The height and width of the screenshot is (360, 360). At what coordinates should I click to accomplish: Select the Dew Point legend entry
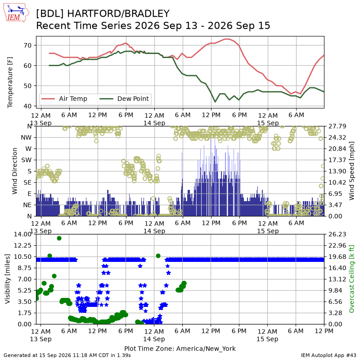coord(124,99)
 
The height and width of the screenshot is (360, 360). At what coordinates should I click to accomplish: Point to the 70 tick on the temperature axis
coord(27,45)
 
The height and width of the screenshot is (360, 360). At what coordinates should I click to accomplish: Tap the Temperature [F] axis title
coord(9,82)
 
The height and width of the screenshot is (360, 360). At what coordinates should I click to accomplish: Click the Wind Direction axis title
coord(15,171)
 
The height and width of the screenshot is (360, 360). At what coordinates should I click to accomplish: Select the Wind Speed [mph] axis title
coord(351,171)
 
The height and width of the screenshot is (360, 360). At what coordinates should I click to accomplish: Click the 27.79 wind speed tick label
coord(337,126)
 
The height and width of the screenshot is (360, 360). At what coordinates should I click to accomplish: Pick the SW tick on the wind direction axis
coord(27,160)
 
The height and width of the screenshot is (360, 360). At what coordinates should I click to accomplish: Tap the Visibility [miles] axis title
coord(8,279)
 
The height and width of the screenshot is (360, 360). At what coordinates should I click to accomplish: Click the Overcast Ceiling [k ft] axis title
coord(351,279)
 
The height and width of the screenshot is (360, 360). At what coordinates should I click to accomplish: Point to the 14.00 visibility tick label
coord(22,234)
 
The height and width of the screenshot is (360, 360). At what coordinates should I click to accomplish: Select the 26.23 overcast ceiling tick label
coord(337,234)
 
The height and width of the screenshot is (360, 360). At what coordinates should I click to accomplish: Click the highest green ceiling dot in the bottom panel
coord(59,238)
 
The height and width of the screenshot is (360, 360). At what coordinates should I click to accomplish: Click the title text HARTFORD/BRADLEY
coord(118,14)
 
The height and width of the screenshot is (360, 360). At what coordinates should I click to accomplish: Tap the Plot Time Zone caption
coord(180,348)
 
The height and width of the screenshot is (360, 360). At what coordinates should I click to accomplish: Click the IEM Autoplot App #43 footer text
coord(328,355)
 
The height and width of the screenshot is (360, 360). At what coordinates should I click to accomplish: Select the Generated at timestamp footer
coord(67,355)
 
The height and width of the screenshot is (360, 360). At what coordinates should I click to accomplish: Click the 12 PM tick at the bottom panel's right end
coord(324,331)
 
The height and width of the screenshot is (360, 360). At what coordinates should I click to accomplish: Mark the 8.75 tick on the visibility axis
coord(25,268)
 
